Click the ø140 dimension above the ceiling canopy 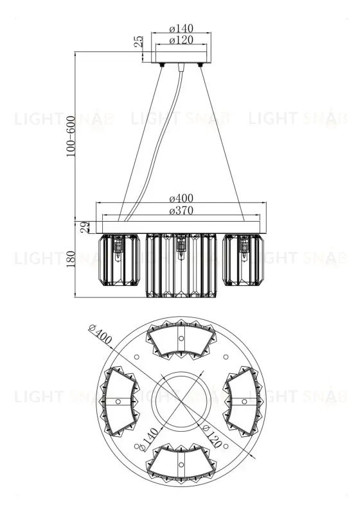181,29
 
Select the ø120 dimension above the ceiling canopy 181,40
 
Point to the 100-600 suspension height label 70,136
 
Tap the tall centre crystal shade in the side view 181,265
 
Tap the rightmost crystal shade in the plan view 243,401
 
